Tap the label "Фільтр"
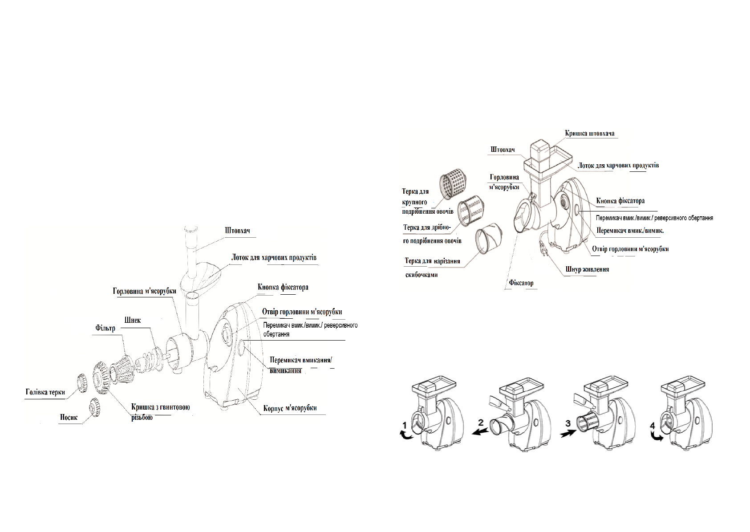105,329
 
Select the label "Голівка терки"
45,392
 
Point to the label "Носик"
69,417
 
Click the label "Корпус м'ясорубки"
290,408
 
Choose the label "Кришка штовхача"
590,134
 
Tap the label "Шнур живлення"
587,269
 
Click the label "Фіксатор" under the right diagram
521,283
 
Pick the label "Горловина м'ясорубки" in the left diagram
144,292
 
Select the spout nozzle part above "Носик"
94,406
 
